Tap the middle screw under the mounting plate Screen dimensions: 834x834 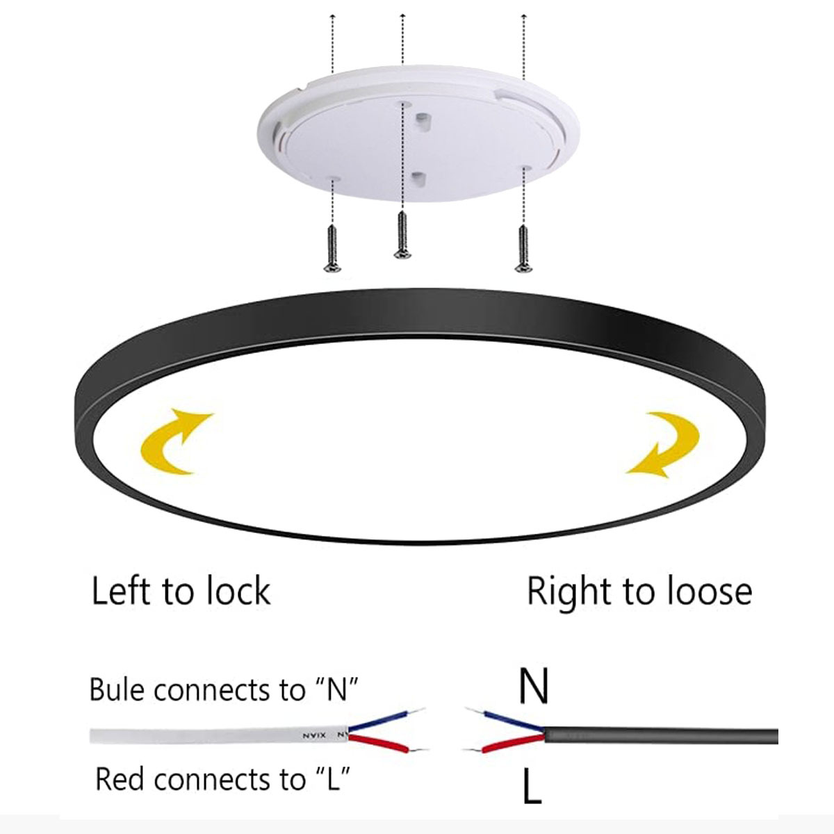401,235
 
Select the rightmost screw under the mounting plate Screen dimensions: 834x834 521,247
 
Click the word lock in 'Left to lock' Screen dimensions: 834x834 238,591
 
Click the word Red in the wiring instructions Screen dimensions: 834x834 121,779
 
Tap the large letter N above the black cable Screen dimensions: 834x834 534,686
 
